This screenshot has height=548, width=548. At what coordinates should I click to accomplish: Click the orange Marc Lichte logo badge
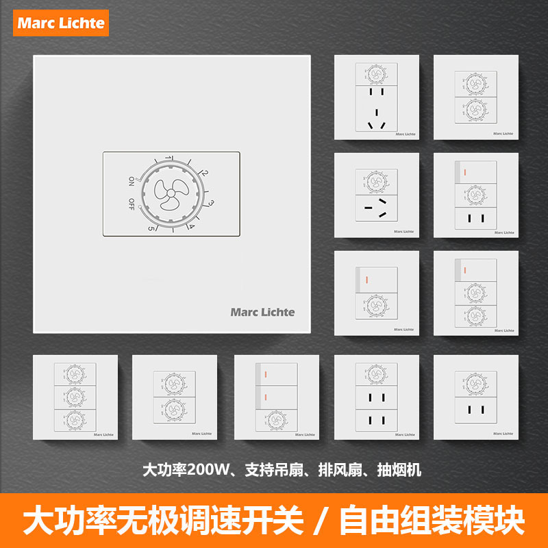61,22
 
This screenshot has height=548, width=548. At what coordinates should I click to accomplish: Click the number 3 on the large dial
212,203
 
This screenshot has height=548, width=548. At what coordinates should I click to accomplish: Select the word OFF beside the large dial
131,204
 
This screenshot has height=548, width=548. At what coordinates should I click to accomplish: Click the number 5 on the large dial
151,229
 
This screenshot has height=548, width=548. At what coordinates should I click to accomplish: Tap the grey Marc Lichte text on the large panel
262,312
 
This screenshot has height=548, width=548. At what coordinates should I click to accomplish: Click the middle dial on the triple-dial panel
75,397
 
